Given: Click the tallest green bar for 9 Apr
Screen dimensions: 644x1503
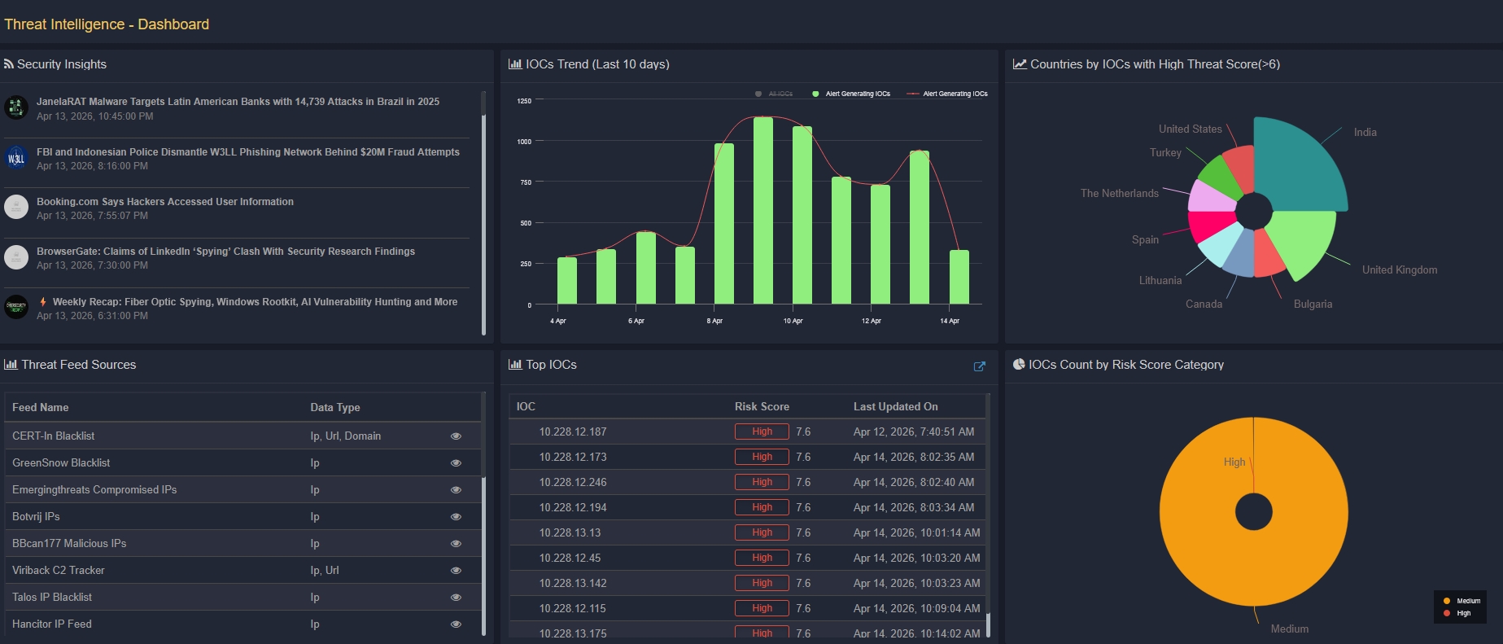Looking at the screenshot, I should click(x=762, y=212).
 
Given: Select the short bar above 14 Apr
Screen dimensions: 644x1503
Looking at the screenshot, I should click(x=959, y=278).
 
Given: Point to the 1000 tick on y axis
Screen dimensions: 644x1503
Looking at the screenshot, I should click(x=524, y=142).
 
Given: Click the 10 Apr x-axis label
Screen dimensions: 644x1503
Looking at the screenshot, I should click(x=793, y=321).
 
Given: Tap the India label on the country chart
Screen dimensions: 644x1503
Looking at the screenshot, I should click(x=1365, y=132).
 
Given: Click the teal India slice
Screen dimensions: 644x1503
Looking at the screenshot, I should click(x=1298, y=167).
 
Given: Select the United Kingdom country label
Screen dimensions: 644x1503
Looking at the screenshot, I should click(x=1399, y=269).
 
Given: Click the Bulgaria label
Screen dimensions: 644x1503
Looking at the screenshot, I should click(x=1313, y=304).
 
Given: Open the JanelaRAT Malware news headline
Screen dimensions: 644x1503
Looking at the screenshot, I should click(x=238, y=102).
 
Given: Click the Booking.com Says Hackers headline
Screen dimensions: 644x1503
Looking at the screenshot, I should click(x=165, y=202).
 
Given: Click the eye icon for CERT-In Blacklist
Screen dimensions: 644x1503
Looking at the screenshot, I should click(x=456, y=436).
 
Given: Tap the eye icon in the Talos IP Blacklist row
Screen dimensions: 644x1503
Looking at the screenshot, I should click(x=456, y=598).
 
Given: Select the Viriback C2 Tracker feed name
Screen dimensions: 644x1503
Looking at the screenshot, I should click(x=59, y=570).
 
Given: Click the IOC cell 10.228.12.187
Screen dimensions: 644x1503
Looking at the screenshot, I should click(x=572, y=432).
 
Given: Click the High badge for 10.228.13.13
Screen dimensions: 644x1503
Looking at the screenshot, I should click(x=762, y=532).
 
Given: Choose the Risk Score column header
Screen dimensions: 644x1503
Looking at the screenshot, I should click(x=762, y=406).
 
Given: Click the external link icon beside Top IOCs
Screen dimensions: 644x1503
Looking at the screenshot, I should click(x=979, y=366).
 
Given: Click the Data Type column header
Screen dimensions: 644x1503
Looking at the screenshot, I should click(x=334, y=407).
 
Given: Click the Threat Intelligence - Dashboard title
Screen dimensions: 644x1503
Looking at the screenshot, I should click(x=107, y=24).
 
